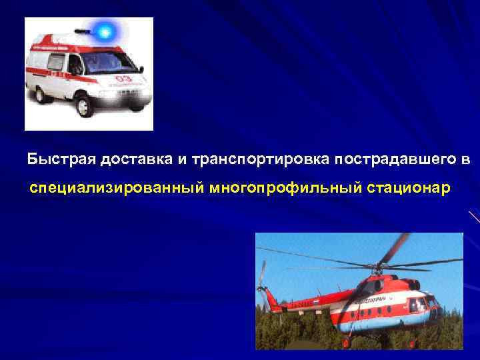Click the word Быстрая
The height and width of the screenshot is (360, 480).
pos(61,160)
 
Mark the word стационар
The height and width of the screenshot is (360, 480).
pos(408,190)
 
